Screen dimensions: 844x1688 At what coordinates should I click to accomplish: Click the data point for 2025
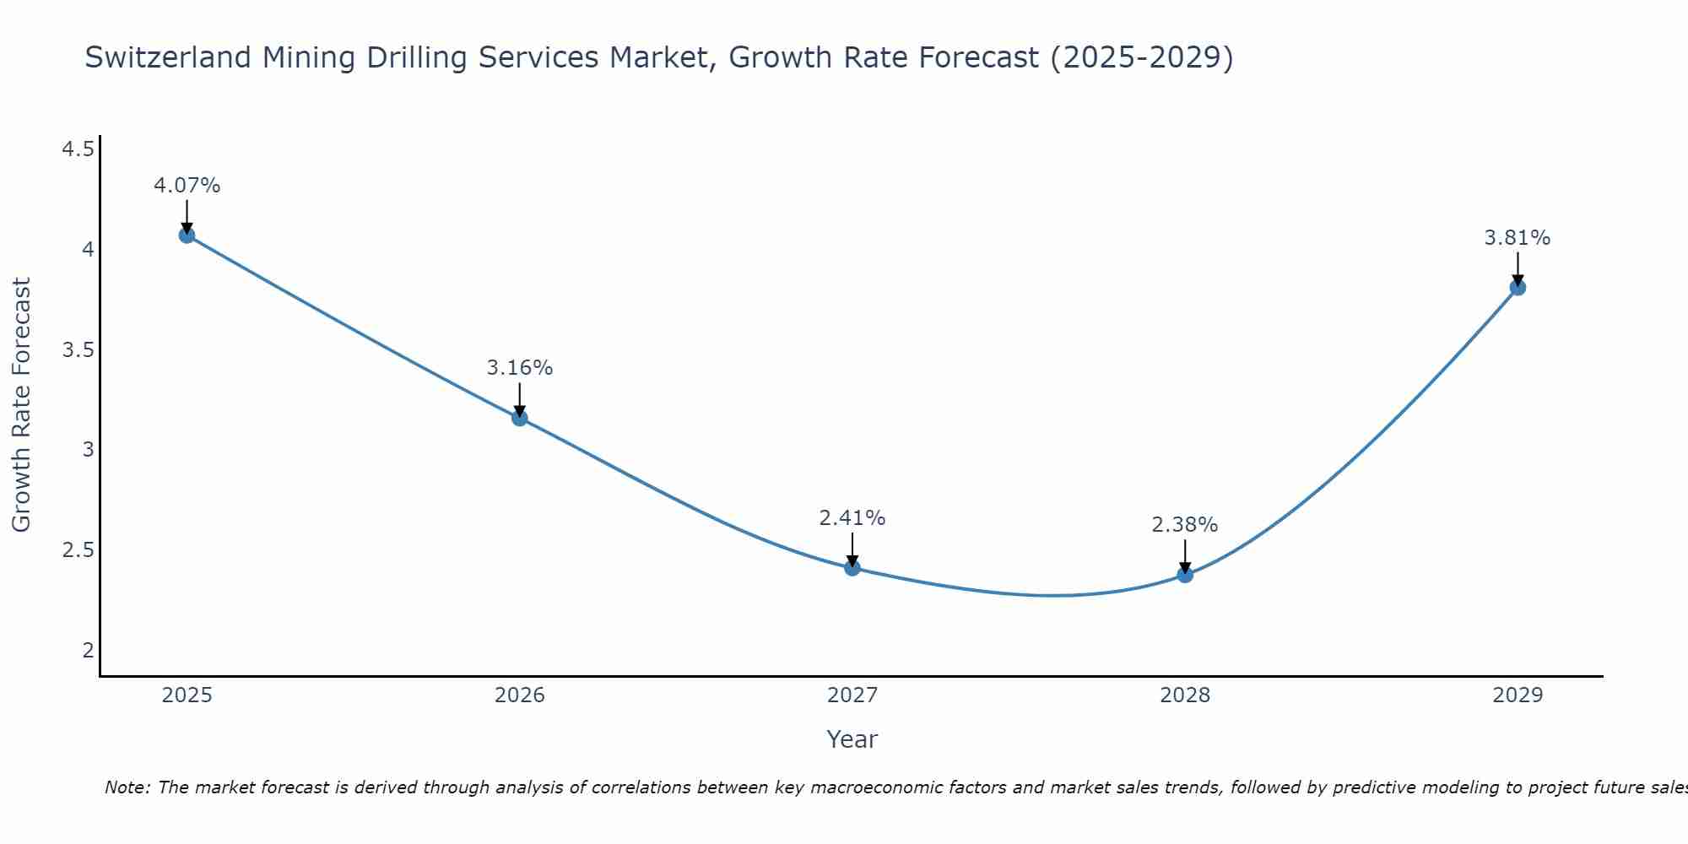(x=187, y=235)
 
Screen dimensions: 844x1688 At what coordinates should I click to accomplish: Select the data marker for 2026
(x=519, y=418)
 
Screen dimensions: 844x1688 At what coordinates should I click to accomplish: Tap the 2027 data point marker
(x=852, y=568)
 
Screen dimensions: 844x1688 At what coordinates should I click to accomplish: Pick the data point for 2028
(x=1185, y=575)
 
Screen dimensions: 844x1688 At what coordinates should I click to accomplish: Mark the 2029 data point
(x=1518, y=287)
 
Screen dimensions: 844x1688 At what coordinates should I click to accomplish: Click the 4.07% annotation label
(x=187, y=186)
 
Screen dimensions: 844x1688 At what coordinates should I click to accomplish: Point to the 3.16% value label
(x=519, y=368)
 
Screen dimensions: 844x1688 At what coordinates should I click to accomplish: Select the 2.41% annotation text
(x=852, y=518)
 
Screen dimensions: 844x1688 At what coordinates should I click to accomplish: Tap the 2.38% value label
(x=1185, y=525)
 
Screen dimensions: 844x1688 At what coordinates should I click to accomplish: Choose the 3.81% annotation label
(x=1518, y=238)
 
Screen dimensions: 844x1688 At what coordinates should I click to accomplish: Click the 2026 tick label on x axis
(x=519, y=695)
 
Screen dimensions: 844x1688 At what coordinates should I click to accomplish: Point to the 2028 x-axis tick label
(x=1185, y=695)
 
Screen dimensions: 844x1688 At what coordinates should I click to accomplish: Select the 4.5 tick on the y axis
(x=78, y=149)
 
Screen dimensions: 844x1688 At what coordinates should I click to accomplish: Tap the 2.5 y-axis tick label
(x=78, y=550)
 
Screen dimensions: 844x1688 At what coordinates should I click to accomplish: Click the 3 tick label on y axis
(x=88, y=450)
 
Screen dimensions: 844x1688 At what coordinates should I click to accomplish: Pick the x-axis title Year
(x=852, y=739)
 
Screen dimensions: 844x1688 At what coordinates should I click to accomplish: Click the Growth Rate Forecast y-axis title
(x=21, y=405)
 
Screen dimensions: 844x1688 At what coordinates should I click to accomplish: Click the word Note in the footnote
(x=126, y=787)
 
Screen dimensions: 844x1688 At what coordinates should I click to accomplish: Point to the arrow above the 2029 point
(x=1518, y=268)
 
